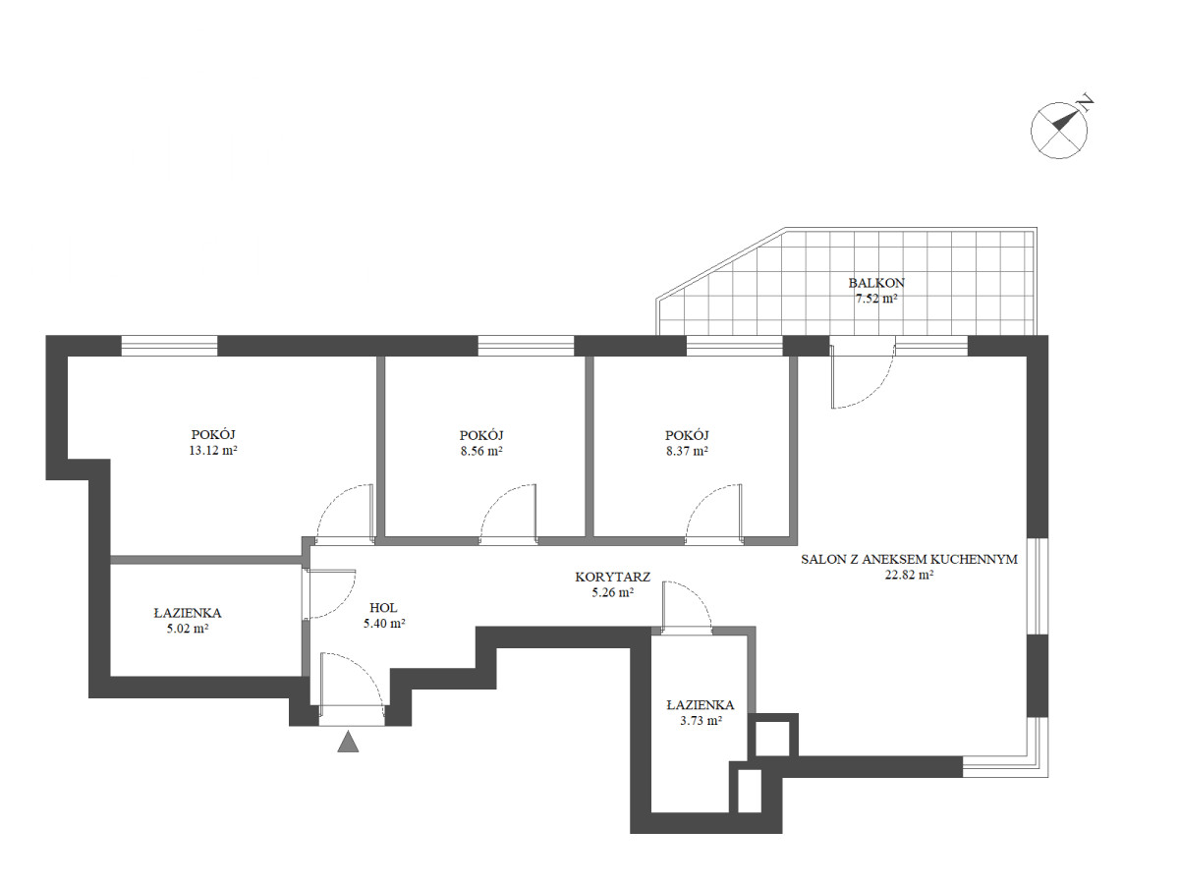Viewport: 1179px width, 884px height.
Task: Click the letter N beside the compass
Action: (1087, 102)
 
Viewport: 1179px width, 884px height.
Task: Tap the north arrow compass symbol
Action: (1059, 131)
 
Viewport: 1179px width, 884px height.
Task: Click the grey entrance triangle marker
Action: (348, 742)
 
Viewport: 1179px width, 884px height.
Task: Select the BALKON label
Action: (876, 282)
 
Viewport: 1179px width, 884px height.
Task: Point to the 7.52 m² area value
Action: (876, 299)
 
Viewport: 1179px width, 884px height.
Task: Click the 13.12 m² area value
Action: (212, 450)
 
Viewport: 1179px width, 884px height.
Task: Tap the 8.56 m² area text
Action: (481, 451)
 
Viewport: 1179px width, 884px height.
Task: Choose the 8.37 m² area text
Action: (687, 451)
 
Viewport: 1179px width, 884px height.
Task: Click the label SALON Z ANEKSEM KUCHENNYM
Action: (909, 559)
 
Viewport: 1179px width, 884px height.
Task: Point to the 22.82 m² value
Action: (909, 575)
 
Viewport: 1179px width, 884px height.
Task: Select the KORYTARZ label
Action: (612, 577)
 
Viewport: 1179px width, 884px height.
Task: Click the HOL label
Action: (383, 608)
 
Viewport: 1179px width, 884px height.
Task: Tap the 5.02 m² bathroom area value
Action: (188, 629)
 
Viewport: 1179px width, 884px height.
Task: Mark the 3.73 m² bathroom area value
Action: (701, 721)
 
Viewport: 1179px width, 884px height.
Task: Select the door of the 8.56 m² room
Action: (509, 514)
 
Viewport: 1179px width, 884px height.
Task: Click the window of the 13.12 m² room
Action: (169, 346)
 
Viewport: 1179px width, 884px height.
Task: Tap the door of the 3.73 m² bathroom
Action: (687, 607)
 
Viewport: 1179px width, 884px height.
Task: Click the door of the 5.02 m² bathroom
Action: (329, 594)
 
